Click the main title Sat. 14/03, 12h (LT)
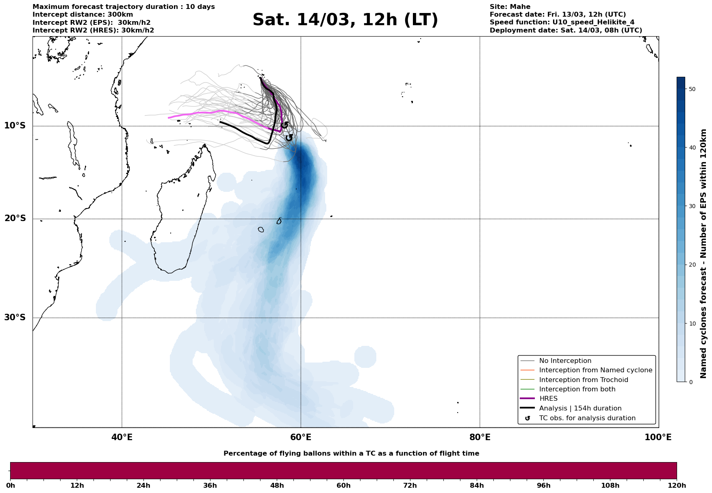(345, 20)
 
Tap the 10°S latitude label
(15, 126)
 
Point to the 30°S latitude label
(15, 317)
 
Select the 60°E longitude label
(301, 438)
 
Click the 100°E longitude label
(658, 438)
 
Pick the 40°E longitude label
(122, 438)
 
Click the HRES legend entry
(548, 399)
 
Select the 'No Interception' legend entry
(565, 361)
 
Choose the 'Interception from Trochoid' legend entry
(583, 380)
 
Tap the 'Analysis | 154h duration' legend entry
(580, 408)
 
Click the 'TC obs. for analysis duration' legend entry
(587, 418)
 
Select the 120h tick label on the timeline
(677, 486)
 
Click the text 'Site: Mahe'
(510, 7)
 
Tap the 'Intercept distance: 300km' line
(82, 15)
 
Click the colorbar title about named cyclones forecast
(704, 253)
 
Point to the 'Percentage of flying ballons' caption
(351, 454)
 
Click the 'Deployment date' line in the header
(566, 30)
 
